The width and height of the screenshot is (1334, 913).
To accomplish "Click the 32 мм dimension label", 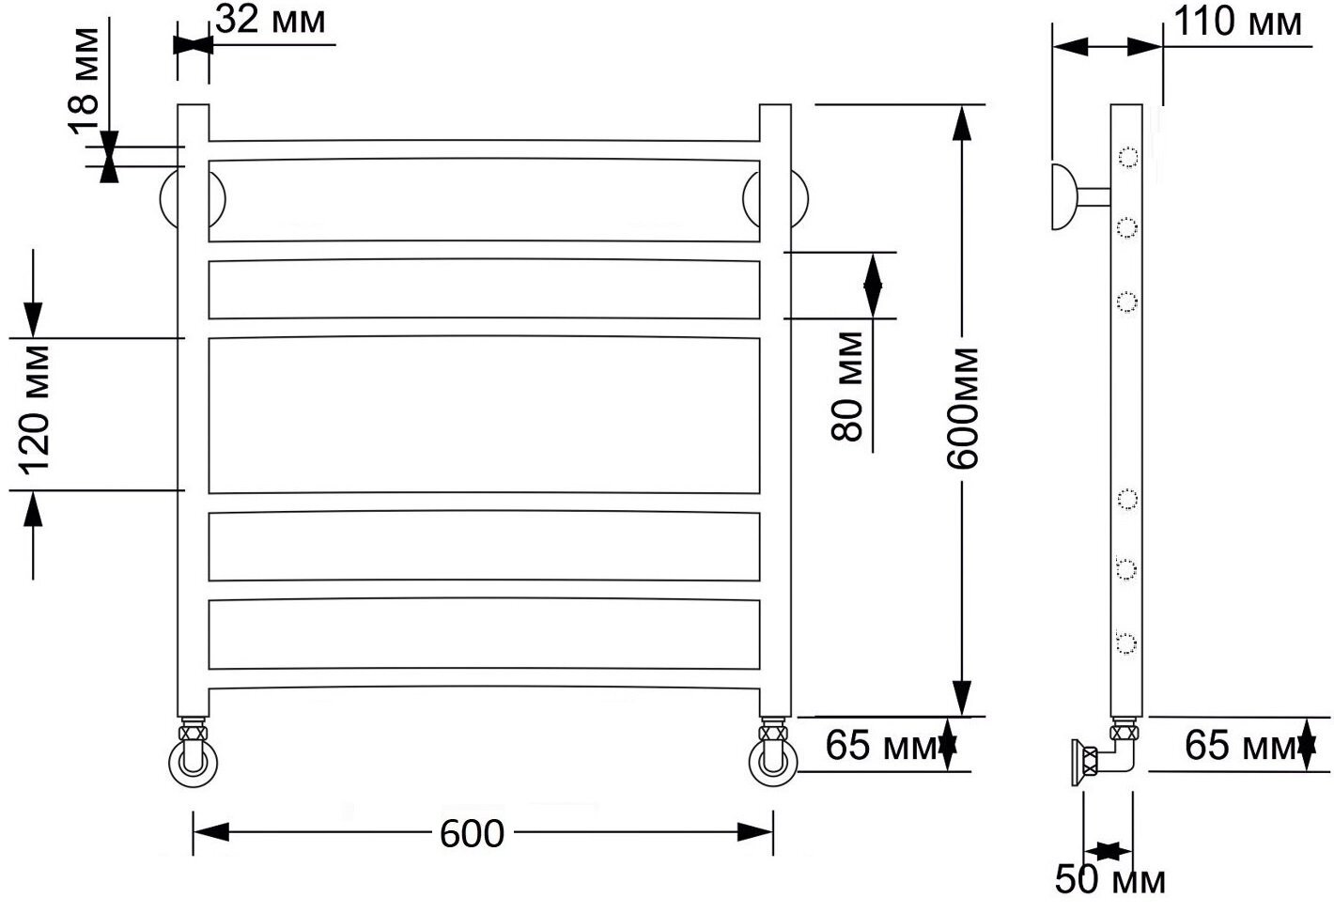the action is pyautogui.click(x=271, y=21).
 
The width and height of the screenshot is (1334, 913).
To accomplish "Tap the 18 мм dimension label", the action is pyautogui.click(x=84, y=81).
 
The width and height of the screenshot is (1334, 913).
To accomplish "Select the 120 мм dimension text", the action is pyautogui.click(x=35, y=410).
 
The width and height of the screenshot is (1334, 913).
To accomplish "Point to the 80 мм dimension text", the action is pyautogui.click(x=846, y=386).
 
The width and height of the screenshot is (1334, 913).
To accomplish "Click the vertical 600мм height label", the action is pyautogui.click(x=962, y=409).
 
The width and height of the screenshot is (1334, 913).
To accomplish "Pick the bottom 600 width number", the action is pyautogui.click(x=472, y=834).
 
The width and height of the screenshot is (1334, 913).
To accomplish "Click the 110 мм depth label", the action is pyautogui.click(x=1237, y=23).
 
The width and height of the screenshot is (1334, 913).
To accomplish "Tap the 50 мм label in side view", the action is pyautogui.click(x=1110, y=880).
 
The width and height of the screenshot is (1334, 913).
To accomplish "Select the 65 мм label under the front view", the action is pyautogui.click(x=881, y=745).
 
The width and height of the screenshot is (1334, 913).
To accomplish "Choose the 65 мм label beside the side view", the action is pyautogui.click(x=1240, y=745).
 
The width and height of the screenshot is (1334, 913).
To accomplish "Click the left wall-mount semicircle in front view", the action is pyautogui.click(x=162, y=199).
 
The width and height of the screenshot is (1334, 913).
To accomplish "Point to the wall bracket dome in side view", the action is pyautogui.click(x=1063, y=196).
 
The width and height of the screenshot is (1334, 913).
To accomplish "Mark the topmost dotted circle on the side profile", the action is pyautogui.click(x=1127, y=157).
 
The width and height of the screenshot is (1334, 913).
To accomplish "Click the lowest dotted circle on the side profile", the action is pyautogui.click(x=1126, y=642).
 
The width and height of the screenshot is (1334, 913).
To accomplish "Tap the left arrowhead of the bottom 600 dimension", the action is pyautogui.click(x=210, y=832).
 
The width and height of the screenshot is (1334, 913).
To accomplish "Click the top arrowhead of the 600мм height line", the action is pyautogui.click(x=962, y=123).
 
